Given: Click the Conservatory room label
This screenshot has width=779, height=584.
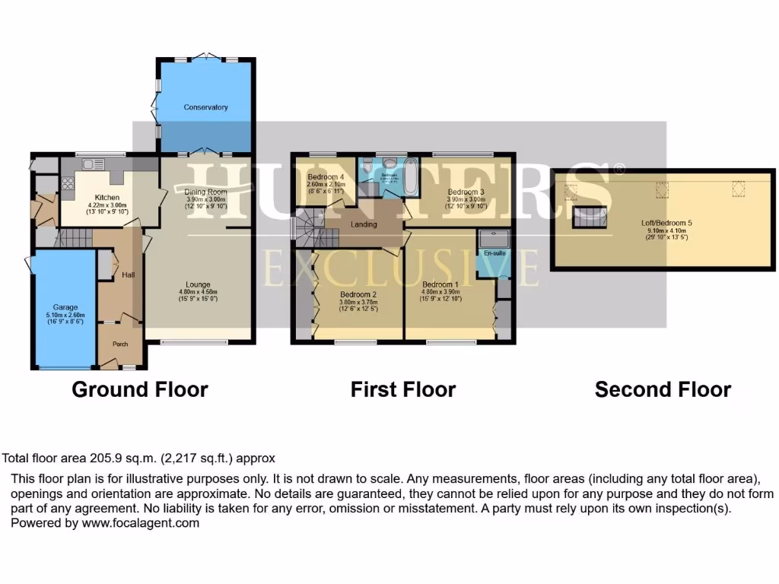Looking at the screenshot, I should click(x=205, y=107).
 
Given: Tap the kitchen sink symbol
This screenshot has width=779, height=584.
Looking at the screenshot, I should click(x=94, y=164).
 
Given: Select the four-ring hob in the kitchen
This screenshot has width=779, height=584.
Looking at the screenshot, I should click(x=68, y=182).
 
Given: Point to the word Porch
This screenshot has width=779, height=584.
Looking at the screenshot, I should click(x=120, y=344).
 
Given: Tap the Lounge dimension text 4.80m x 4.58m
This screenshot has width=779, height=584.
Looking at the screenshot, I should click(x=198, y=291).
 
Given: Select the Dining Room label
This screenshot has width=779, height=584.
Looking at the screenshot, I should click(x=206, y=192).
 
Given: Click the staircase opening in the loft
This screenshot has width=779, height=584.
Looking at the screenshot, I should click(x=590, y=214).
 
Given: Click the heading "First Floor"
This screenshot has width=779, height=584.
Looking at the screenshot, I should click(x=402, y=390).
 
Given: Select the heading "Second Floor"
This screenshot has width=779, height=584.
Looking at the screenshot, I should click(x=663, y=390).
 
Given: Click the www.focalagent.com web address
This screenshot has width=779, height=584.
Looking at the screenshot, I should click(x=141, y=523).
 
